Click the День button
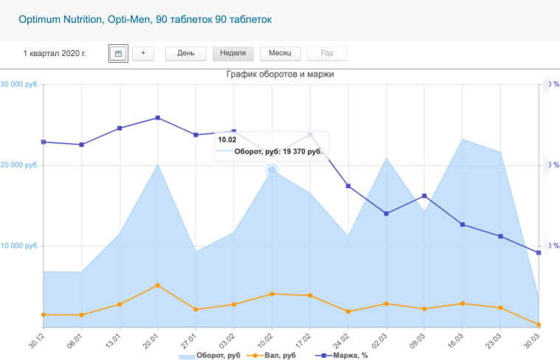point(185,53)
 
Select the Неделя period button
point(233,53)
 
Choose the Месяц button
point(280,53)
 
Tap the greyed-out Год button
point(327,53)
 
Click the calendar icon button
point(118,53)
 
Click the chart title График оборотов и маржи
point(280,75)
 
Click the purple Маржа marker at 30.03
point(539,253)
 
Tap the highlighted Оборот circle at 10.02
point(272,170)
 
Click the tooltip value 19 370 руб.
point(303,151)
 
